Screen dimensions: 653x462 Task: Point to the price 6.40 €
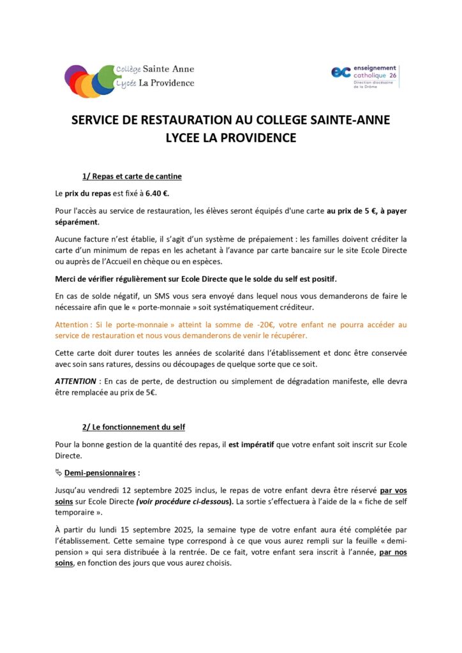[x=157, y=193]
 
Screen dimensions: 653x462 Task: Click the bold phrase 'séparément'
[x=77, y=222]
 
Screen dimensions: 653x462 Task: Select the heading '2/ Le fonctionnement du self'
[x=133, y=427]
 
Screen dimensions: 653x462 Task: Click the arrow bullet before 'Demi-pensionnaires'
[x=59, y=473]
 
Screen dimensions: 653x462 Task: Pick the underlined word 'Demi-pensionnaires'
[x=100, y=473]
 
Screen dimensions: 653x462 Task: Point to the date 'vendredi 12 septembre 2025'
[x=137, y=490]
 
